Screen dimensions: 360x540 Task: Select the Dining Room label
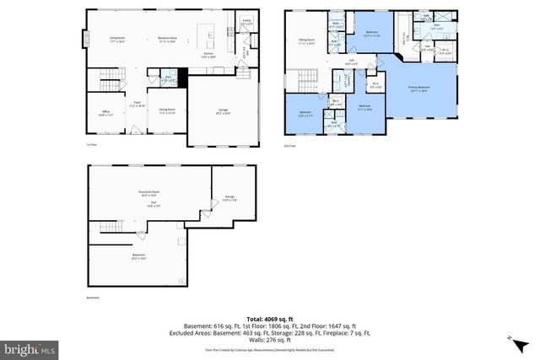(x=167, y=109)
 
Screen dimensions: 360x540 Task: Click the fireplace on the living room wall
(x=84, y=39)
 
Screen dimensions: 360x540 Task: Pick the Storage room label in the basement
(x=229, y=198)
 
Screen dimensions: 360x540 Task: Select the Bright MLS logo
(x=30, y=347)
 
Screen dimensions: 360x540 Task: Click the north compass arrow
(x=512, y=339)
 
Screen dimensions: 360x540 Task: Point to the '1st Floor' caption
(x=90, y=144)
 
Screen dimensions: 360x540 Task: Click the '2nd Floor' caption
(x=290, y=144)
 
